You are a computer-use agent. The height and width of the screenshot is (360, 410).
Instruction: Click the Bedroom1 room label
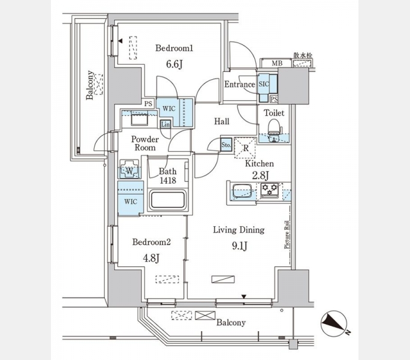[174, 49]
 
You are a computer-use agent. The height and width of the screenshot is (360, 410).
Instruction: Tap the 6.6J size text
[174, 64]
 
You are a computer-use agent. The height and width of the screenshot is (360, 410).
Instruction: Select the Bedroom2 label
[152, 242]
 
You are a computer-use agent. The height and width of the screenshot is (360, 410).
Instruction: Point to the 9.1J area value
[239, 245]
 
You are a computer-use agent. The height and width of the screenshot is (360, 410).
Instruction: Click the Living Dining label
[239, 230]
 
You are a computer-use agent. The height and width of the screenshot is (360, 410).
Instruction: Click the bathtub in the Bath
[167, 199]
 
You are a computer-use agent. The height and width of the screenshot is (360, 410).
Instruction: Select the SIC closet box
[264, 85]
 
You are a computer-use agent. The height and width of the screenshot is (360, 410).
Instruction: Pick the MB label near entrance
[277, 63]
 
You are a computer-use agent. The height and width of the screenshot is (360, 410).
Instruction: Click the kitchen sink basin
[242, 193]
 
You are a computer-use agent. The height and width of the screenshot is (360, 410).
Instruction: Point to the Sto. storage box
[226, 145]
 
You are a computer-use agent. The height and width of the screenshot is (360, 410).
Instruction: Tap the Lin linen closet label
[165, 124]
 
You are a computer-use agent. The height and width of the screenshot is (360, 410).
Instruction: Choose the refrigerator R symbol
[246, 147]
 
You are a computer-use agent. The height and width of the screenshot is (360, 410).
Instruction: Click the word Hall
[222, 122]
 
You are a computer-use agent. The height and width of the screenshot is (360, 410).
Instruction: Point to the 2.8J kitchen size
[260, 175]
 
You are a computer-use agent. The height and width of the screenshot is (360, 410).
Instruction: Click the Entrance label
[239, 85]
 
